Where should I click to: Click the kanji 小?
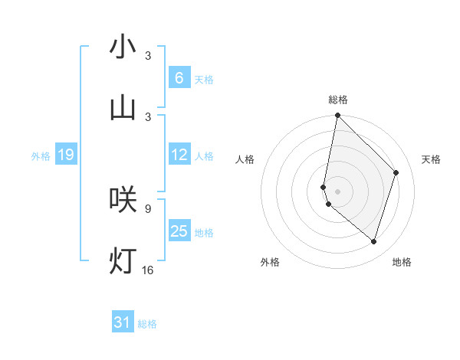(x=123, y=47)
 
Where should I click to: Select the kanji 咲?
(x=123, y=199)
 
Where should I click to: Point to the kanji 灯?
(x=123, y=260)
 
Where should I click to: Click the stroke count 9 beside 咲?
(x=148, y=208)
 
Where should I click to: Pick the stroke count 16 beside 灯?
(x=148, y=270)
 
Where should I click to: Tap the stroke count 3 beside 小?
(x=148, y=56)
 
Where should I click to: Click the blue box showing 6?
(x=179, y=77)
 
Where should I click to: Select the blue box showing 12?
(x=179, y=155)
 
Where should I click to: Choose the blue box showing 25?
(x=179, y=231)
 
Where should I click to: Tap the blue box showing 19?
(x=65, y=155)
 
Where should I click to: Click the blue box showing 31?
(x=123, y=322)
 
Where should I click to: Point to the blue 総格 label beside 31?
(x=147, y=324)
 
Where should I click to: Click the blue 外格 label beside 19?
(x=41, y=156)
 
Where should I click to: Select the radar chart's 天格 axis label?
(x=431, y=159)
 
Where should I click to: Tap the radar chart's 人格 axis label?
(x=245, y=159)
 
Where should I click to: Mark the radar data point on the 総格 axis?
(x=337, y=116)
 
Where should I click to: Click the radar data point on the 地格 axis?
(x=373, y=241)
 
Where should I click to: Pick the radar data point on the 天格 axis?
(x=396, y=172)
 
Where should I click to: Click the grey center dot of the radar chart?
(x=337, y=191)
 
